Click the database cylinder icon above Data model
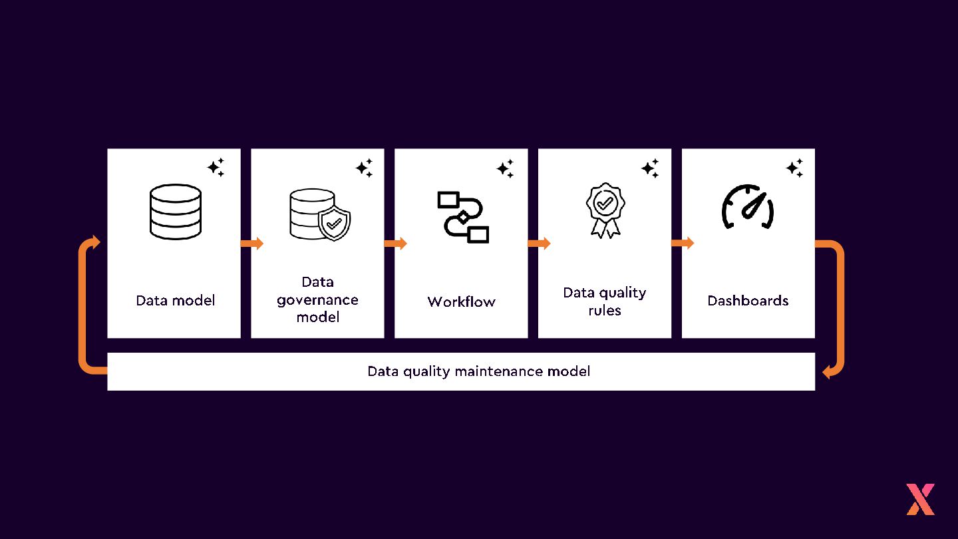point(175,212)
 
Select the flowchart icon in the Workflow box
point(463,217)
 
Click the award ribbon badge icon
point(605,210)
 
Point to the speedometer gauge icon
point(748,208)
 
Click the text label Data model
point(175,300)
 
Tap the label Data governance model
point(317,299)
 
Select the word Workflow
point(461,301)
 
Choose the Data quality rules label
point(604,301)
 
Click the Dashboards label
point(748,300)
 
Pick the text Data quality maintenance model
point(478,371)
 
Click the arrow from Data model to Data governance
point(252,244)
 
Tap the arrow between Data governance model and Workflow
point(396,244)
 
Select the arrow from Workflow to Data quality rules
point(540,244)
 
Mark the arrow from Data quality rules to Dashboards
point(683,243)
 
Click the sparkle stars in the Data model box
point(216,167)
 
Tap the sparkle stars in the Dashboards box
point(794,167)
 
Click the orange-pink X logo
point(920,499)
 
